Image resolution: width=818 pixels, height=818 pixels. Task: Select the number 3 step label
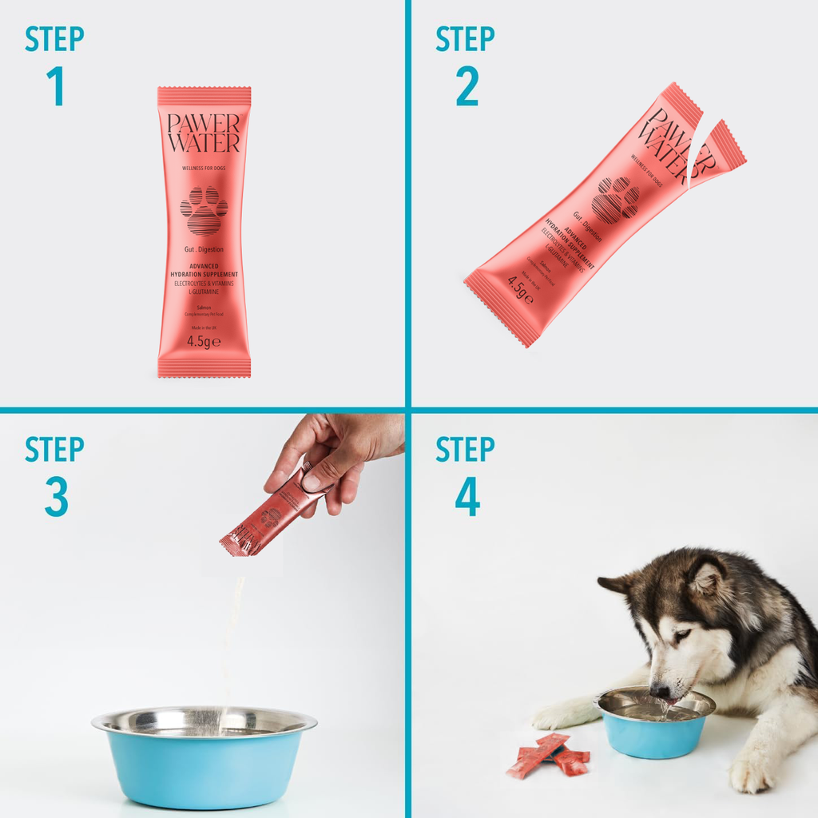coord(56,497)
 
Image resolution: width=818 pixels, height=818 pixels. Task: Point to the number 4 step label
coord(467,497)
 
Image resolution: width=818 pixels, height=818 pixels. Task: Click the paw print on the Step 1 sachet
coord(204,210)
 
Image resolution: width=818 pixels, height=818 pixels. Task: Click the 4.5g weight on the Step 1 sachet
coord(204,341)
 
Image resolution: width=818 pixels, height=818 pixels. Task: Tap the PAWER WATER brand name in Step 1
coord(204,133)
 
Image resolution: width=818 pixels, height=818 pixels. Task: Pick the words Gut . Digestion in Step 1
coord(204,250)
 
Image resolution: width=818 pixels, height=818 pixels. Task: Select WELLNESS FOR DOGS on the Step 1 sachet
coord(204,169)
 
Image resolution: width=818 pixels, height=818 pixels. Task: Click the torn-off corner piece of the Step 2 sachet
coord(719,156)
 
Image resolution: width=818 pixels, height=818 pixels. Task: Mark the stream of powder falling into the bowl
coord(232,639)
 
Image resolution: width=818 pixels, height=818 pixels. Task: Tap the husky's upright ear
coord(707,577)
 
